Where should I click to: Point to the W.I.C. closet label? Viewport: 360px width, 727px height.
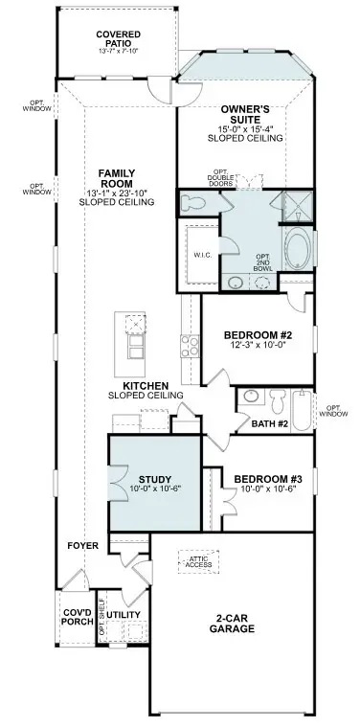[x=202, y=255]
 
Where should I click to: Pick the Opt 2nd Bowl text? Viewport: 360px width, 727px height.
[x=262, y=260]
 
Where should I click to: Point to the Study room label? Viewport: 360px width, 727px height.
[x=154, y=483]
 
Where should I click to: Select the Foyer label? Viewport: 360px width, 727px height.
[x=83, y=545]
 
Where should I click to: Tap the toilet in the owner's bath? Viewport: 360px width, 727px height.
[x=191, y=204]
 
